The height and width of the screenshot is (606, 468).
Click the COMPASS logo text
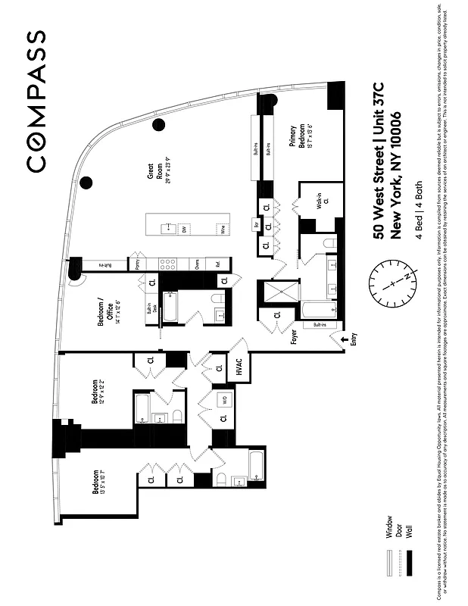(36, 101)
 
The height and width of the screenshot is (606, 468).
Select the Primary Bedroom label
(297, 139)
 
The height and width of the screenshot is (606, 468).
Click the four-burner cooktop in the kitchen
(169, 264)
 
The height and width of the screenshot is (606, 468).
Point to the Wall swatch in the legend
(410, 564)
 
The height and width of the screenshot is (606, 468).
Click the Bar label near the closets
(257, 225)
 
